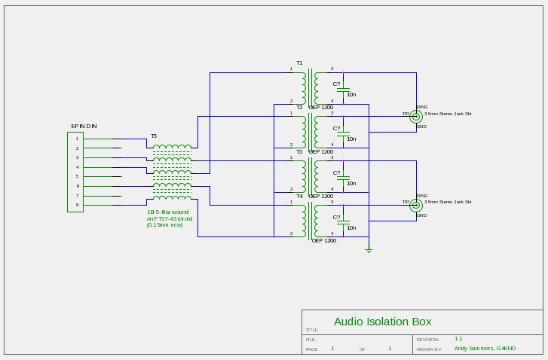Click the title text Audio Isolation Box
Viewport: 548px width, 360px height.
tap(382, 322)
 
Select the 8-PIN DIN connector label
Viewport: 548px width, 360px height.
tap(84, 126)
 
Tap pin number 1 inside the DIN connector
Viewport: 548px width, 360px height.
tap(77, 139)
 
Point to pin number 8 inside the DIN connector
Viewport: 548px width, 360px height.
tap(77, 205)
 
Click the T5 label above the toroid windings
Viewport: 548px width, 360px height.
tap(154, 136)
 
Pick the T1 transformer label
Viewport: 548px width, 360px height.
tap(299, 63)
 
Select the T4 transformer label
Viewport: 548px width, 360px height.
tap(299, 197)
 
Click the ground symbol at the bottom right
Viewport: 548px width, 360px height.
tap(368, 249)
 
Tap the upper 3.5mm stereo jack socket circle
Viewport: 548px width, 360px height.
tap(415, 117)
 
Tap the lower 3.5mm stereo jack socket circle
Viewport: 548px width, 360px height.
tap(415, 205)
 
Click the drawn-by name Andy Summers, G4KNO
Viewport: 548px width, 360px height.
tap(485, 349)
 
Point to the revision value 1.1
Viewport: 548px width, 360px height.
tap(458, 339)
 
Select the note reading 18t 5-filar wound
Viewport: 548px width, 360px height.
tap(167, 212)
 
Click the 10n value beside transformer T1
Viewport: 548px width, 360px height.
tap(351, 95)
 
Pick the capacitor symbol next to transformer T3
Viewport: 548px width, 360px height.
tap(344, 178)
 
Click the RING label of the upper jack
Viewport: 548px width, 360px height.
tap(422, 107)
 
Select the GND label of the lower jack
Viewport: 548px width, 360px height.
tap(421, 215)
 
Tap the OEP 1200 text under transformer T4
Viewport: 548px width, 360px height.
tap(323, 241)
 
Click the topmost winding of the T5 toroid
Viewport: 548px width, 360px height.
tap(172, 147)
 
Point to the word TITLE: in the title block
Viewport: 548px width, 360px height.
tap(311, 330)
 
